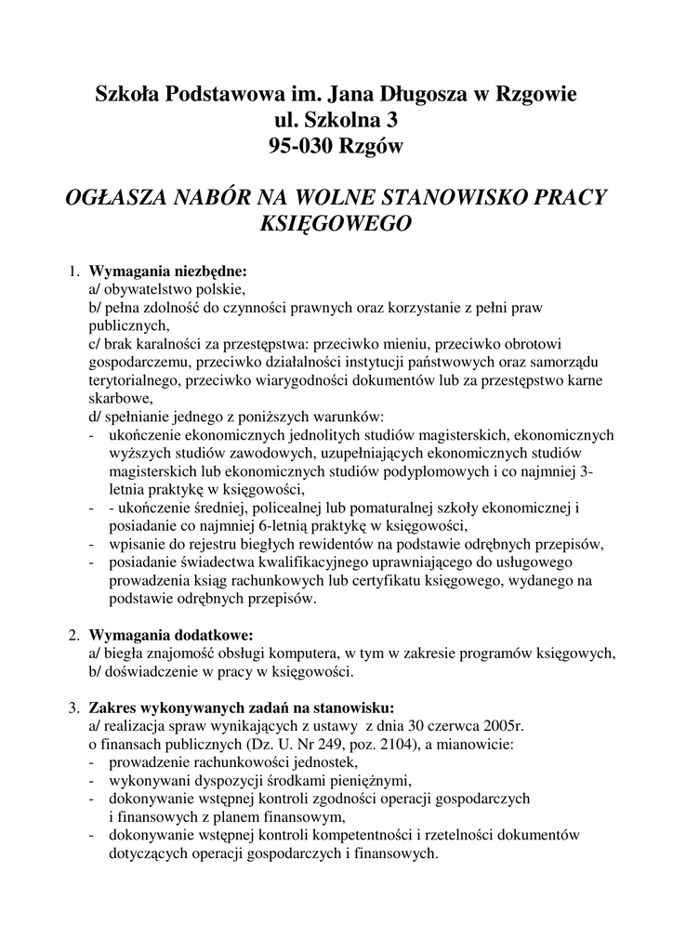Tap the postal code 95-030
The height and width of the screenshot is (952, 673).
(x=300, y=145)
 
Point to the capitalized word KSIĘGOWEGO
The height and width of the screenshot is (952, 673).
(x=336, y=223)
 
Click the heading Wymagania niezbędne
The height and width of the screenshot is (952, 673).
(x=168, y=273)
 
